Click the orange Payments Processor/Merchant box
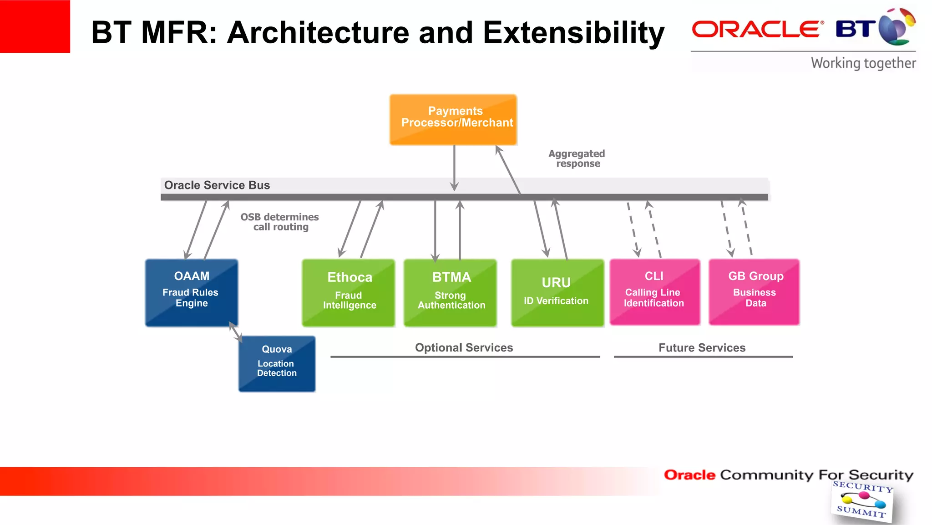coord(453,120)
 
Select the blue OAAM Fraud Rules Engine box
coord(192,292)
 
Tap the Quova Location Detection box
coord(277,363)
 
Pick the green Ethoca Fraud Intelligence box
coord(349,292)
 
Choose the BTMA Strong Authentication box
coord(450,292)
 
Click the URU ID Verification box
coord(557,292)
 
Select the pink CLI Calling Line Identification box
coord(654,291)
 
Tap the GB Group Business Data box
coord(754,291)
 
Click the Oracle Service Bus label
coord(217,185)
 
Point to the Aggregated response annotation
coord(577,158)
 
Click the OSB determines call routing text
coord(280,222)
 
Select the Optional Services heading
coord(464,348)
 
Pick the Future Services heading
coord(702,348)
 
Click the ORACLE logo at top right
coord(757,29)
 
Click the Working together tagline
coord(863,63)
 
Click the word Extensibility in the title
coord(573,33)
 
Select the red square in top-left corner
coord(35,26)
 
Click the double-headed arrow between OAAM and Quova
coord(235,331)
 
